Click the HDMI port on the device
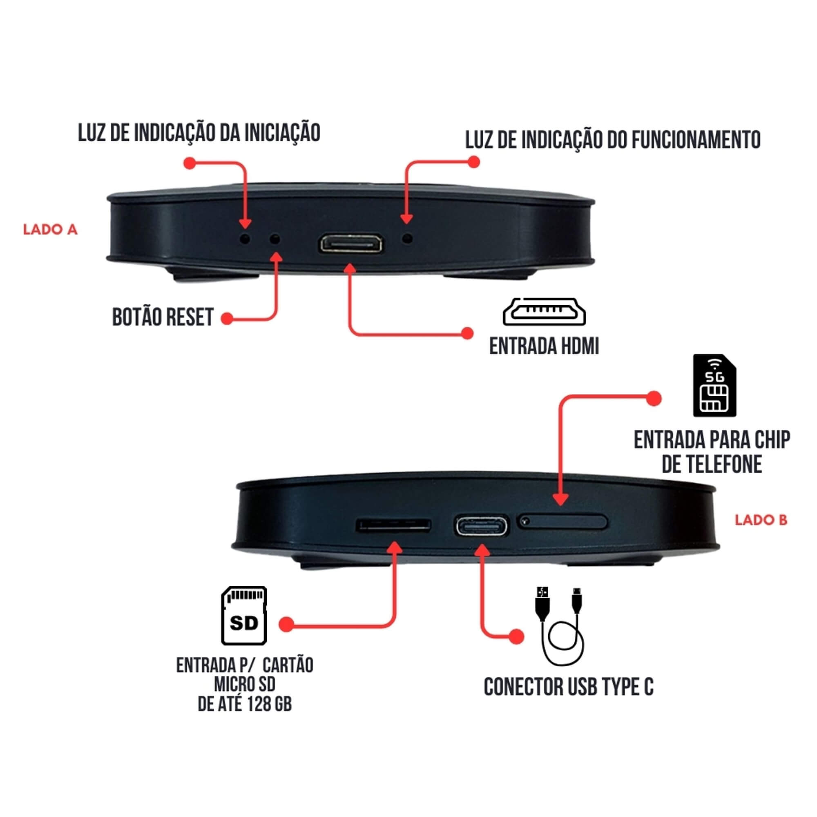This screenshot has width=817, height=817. (350, 244)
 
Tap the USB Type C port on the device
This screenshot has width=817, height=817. (482, 526)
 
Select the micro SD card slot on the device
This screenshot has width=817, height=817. (394, 525)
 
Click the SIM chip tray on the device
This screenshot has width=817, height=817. (563, 522)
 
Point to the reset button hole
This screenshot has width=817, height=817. (275, 239)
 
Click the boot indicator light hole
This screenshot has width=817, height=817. (245, 239)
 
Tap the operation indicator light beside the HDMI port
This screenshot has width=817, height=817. (407, 239)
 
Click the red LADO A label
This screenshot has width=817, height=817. (50, 230)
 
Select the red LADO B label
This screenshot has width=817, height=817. (761, 520)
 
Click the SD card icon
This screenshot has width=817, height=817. (244, 615)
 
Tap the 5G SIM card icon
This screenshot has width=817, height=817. (714, 386)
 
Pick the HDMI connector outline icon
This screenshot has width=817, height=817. (544, 312)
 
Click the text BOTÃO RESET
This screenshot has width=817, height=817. (163, 317)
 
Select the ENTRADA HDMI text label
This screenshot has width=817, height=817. (544, 346)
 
